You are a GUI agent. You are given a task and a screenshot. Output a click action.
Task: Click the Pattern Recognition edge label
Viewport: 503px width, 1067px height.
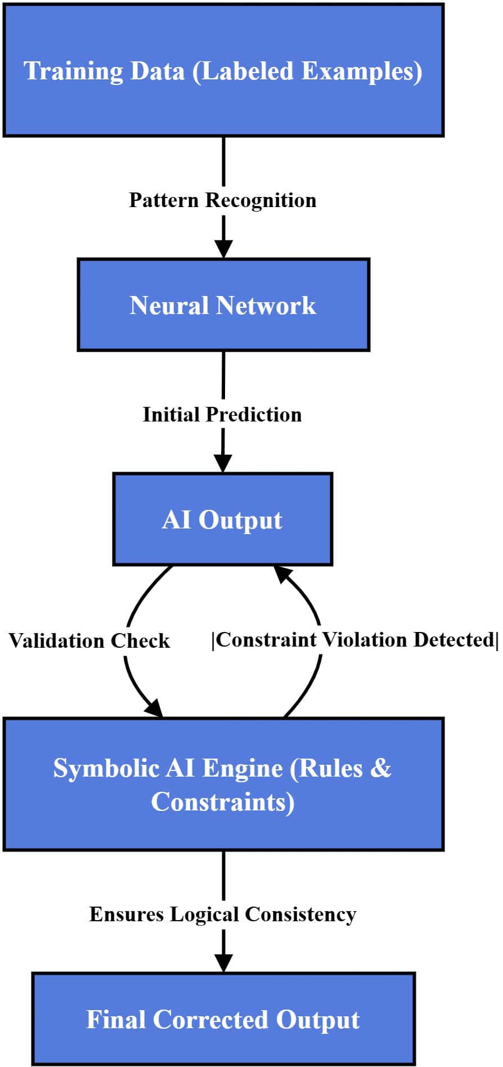[223, 200]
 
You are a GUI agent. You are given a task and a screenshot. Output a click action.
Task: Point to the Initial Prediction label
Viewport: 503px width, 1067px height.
[222, 414]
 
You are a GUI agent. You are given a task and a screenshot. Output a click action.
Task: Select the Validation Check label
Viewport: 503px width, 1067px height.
[89, 640]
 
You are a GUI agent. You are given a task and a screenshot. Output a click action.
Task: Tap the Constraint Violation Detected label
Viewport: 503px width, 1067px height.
[354, 639]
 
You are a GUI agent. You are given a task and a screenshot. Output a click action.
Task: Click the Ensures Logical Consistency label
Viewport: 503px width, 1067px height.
[223, 914]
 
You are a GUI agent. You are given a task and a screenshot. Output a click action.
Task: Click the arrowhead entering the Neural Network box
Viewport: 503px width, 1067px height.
[223, 248]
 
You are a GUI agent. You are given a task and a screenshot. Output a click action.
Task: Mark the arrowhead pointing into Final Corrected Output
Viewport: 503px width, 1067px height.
[223, 962]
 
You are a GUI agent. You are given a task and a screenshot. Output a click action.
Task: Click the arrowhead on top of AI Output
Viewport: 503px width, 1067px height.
[223, 463]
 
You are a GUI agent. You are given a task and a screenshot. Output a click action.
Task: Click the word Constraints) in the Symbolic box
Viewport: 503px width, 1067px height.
[223, 801]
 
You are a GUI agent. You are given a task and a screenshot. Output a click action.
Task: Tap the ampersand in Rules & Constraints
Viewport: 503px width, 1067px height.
[380, 768]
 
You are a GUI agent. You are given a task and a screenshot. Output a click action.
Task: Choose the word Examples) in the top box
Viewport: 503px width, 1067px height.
[362, 71]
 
